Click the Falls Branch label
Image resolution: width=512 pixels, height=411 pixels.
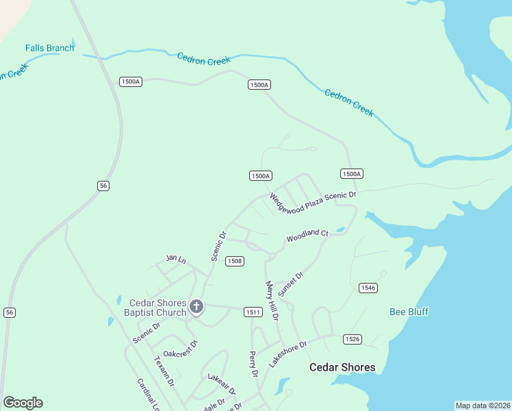[49, 48]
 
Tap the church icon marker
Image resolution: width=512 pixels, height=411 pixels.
[196, 306]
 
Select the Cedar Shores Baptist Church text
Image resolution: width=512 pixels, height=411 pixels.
[157, 308]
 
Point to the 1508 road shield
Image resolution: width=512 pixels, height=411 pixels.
[235, 261]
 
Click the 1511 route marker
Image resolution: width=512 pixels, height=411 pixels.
[253, 312]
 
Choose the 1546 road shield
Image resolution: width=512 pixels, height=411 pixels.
[368, 288]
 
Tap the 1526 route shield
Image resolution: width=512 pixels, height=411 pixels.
[353, 339]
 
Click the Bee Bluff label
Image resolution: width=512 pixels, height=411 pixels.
[409, 312]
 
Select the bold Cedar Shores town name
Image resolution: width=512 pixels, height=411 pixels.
[342, 367]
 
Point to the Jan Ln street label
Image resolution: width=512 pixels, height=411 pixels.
[176, 259]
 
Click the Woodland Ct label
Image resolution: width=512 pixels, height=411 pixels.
[307, 236]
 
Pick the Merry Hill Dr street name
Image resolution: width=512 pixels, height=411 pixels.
[272, 300]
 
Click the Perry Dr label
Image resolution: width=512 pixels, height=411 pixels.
[253, 364]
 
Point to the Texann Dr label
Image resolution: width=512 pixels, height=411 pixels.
[165, 371]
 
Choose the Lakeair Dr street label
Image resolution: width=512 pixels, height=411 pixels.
[222, 384]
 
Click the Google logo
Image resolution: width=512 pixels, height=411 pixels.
[23, 403]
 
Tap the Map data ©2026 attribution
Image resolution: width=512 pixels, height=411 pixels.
[483, 406]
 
